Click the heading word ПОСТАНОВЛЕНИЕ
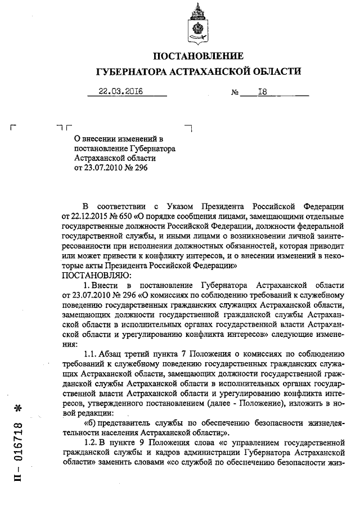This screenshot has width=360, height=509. [x=199, y=56]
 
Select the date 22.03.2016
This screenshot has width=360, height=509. [x=120, y=92]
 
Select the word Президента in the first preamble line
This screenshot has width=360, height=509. [x=230, y=204]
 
